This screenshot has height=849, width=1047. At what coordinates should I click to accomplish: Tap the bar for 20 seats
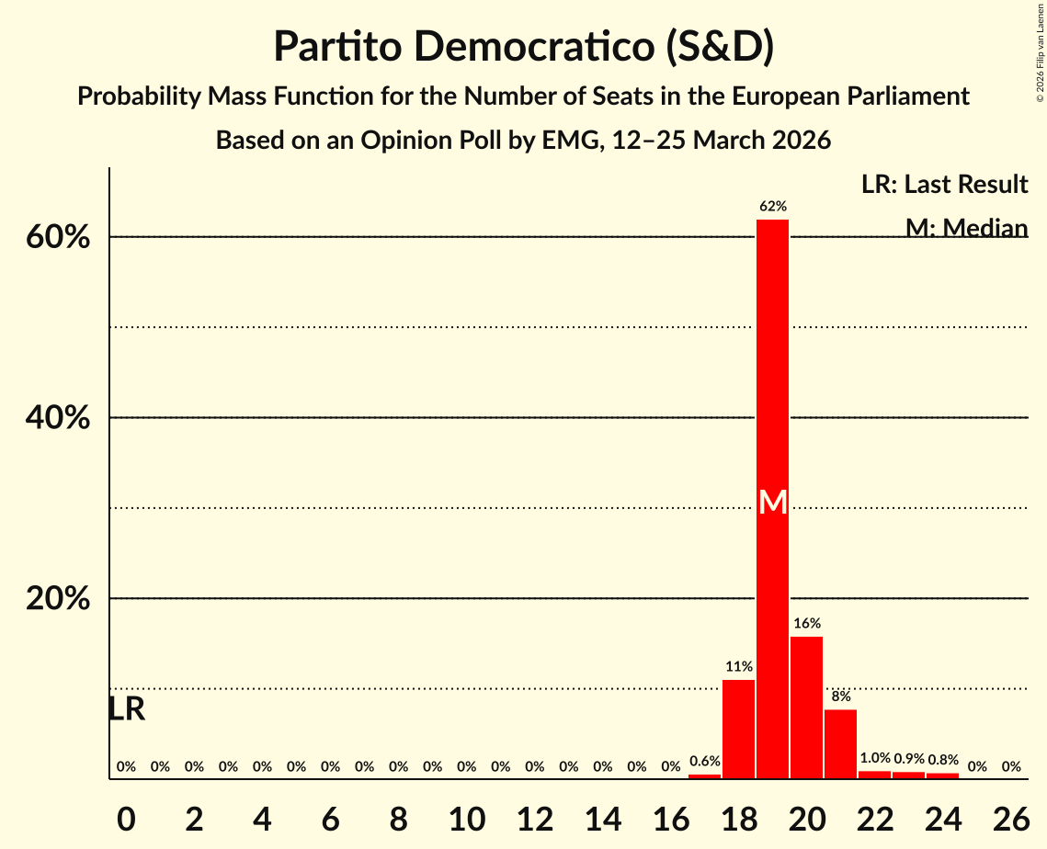(806, 707)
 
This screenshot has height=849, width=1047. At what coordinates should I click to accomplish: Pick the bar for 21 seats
(840, 743)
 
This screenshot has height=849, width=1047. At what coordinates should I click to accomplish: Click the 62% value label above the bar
(772, 207)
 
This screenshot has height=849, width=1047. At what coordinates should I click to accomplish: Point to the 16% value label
(806, 624)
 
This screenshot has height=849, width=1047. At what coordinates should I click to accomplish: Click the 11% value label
(738, 667)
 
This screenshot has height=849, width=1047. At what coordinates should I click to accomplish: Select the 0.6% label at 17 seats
(704, 762)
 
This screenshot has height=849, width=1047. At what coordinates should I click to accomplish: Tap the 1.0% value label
(874, 759)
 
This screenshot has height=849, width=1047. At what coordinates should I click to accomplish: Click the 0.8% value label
(942, 760)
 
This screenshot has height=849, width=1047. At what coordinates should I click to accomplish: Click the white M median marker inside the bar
(773, 502)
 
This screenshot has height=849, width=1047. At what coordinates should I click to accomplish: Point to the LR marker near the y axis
(127, 709)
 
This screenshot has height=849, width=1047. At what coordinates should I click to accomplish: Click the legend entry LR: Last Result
(944, 185)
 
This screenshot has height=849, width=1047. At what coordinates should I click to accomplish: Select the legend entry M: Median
(966, 227)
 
